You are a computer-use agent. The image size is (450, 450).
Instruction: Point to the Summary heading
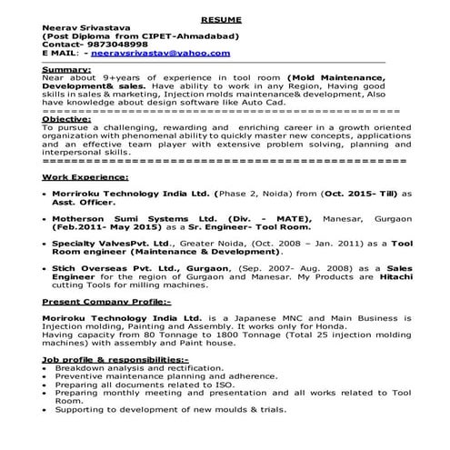(x=66, y=69)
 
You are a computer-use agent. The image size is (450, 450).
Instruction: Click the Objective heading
(x=67, y=119)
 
